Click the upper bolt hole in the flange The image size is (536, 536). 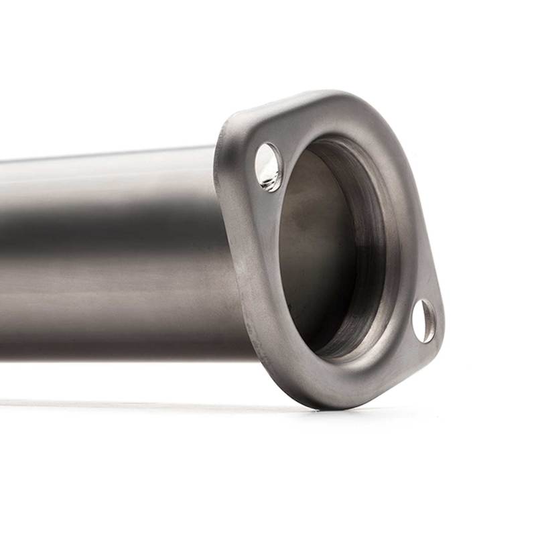click(x=269, y=166)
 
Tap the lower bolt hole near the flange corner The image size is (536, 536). click(x=423, y=321)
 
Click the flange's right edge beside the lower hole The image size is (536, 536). click(x=440, y=322)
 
